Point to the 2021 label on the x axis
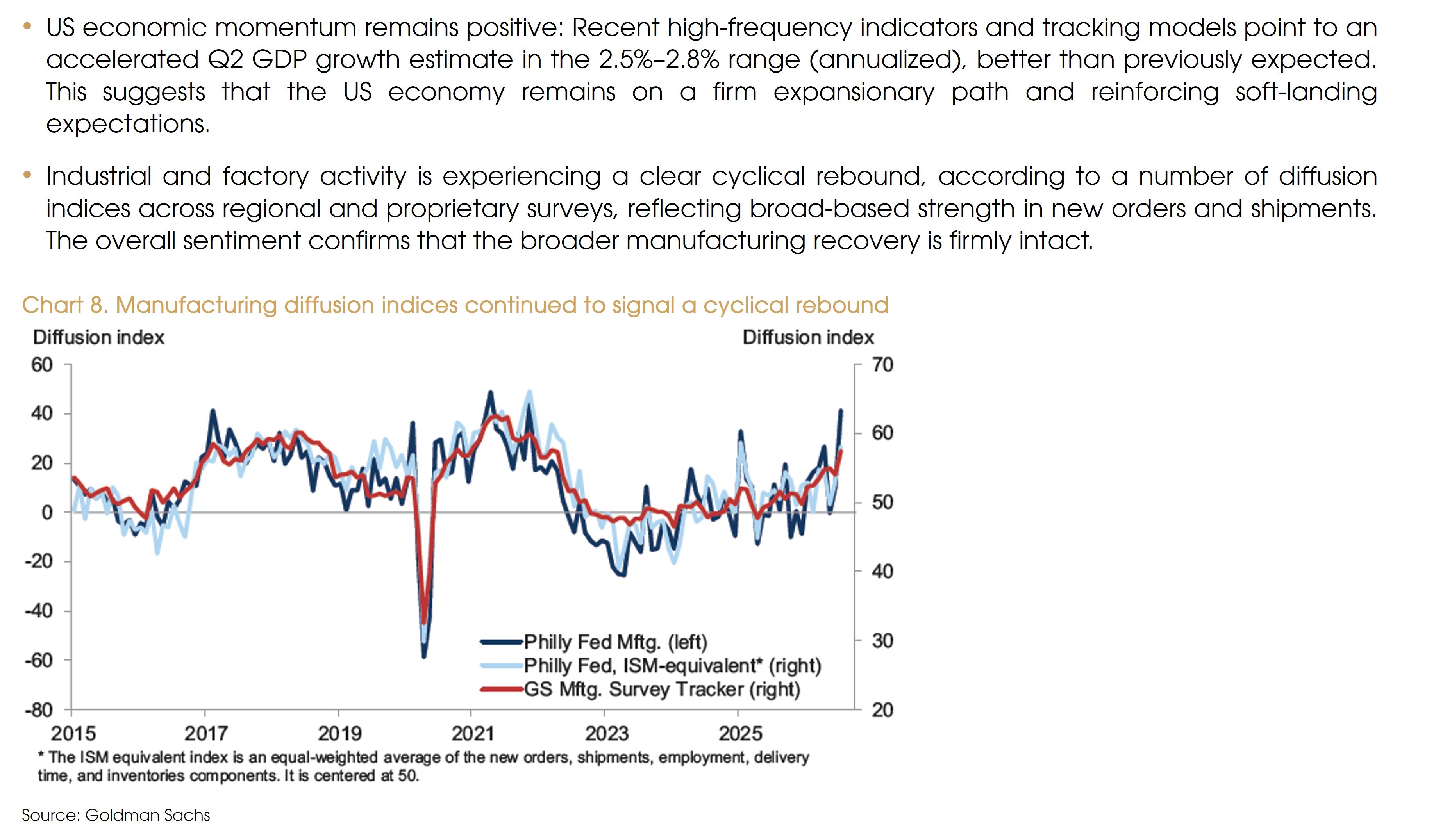point(472,733)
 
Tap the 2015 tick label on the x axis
point(73,733)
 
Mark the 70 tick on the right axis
point(882,365)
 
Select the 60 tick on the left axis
point(42,365)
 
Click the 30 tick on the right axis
point(882,640)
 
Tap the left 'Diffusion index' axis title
point(98,337)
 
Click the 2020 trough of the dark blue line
point(424,656)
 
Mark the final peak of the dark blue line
point(841,410)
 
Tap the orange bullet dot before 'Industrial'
point(27,174)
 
